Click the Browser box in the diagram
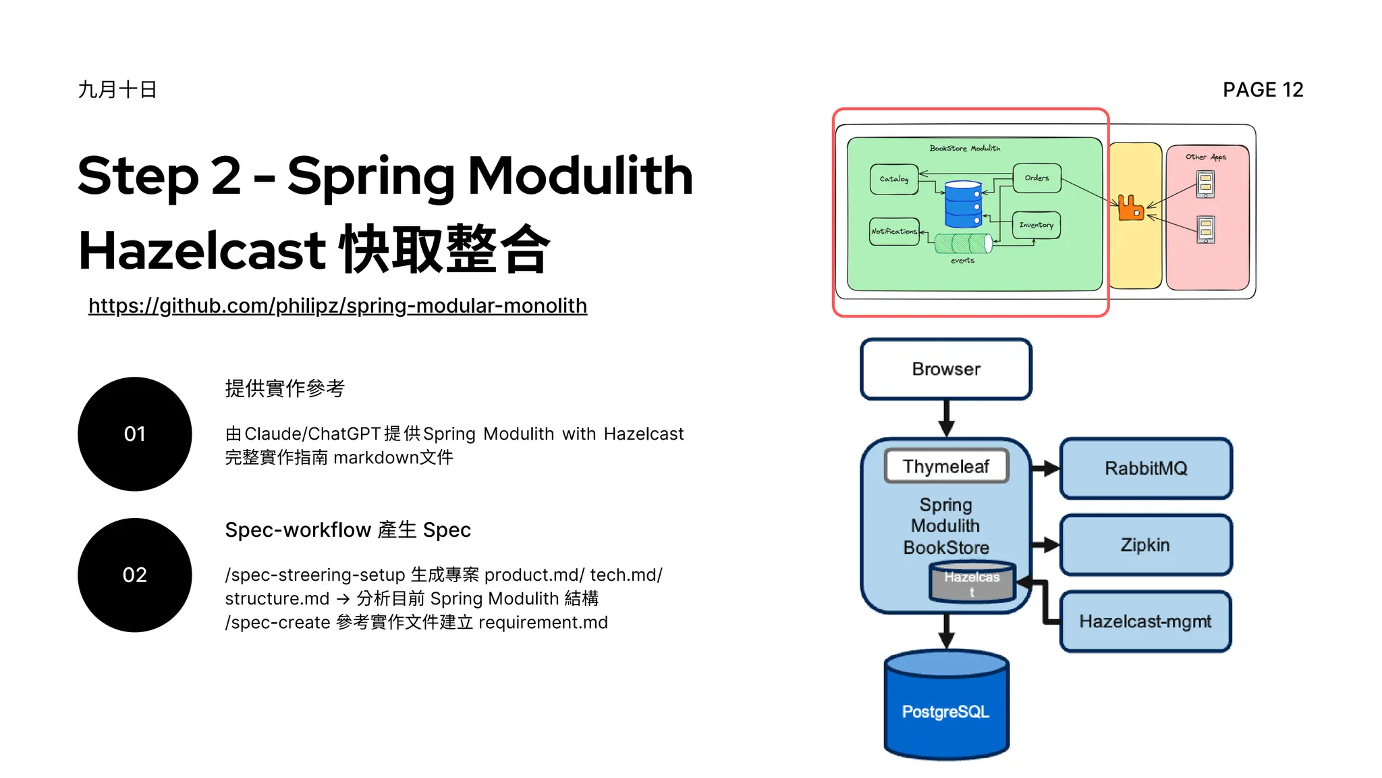pos(945,369)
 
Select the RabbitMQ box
pos(1145,468)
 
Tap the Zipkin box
pos(1145,544)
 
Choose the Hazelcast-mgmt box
pos(1145,621)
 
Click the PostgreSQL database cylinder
pos(946,709)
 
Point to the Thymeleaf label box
pos(946,466)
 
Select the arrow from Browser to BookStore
pos(946,419)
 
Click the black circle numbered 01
pos(135,434)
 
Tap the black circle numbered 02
pos(135,575)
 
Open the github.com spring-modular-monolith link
pos(337,306)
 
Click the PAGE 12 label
pos(1263,90)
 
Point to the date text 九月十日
pos(117,90)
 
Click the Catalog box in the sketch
pos(894,179)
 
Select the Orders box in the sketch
pos(1036,178)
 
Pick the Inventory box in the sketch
pos(1036,225)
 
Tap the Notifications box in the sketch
pos(894,231)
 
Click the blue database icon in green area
pos(963,204)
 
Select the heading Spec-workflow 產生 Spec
pos(348,530)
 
